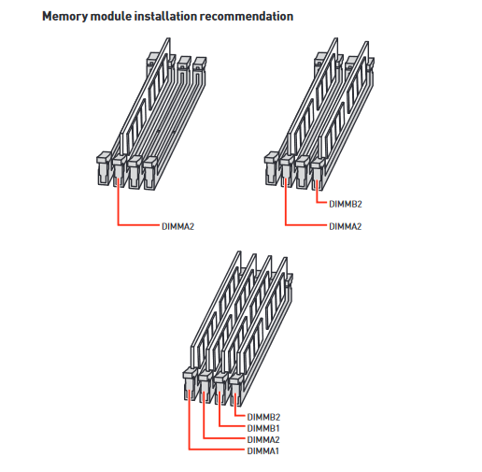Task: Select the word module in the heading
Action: pos(111,16)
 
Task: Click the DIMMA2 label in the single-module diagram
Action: pos(177,226)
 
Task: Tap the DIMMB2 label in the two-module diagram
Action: pos(346,204)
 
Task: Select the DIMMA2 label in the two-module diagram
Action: pos(346,226)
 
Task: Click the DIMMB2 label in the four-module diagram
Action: pos(263,417)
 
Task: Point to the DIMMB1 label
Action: pos(263,428)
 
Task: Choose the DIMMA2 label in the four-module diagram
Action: pos(263,439)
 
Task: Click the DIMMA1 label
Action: pos(262,451)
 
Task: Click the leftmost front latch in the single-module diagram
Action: pos(104,168)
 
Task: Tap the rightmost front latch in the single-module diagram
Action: pos(150,173)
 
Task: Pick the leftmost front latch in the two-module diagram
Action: pos(272,168)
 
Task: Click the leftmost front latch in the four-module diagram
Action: pos(190,384)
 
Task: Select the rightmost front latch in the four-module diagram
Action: pos(236,390)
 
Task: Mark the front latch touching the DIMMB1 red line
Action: pos(220,388)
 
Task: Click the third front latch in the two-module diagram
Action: pos(302,172)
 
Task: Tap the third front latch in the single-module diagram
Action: pos(135,172)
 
